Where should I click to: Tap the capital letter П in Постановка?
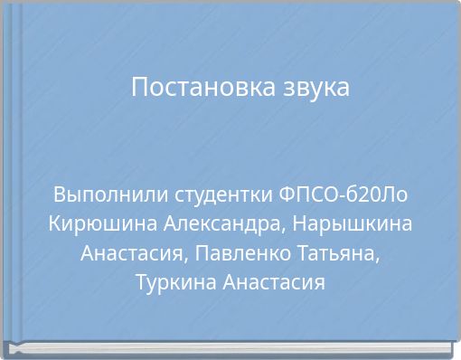(139, 89)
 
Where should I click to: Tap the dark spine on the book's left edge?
(9, 172)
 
